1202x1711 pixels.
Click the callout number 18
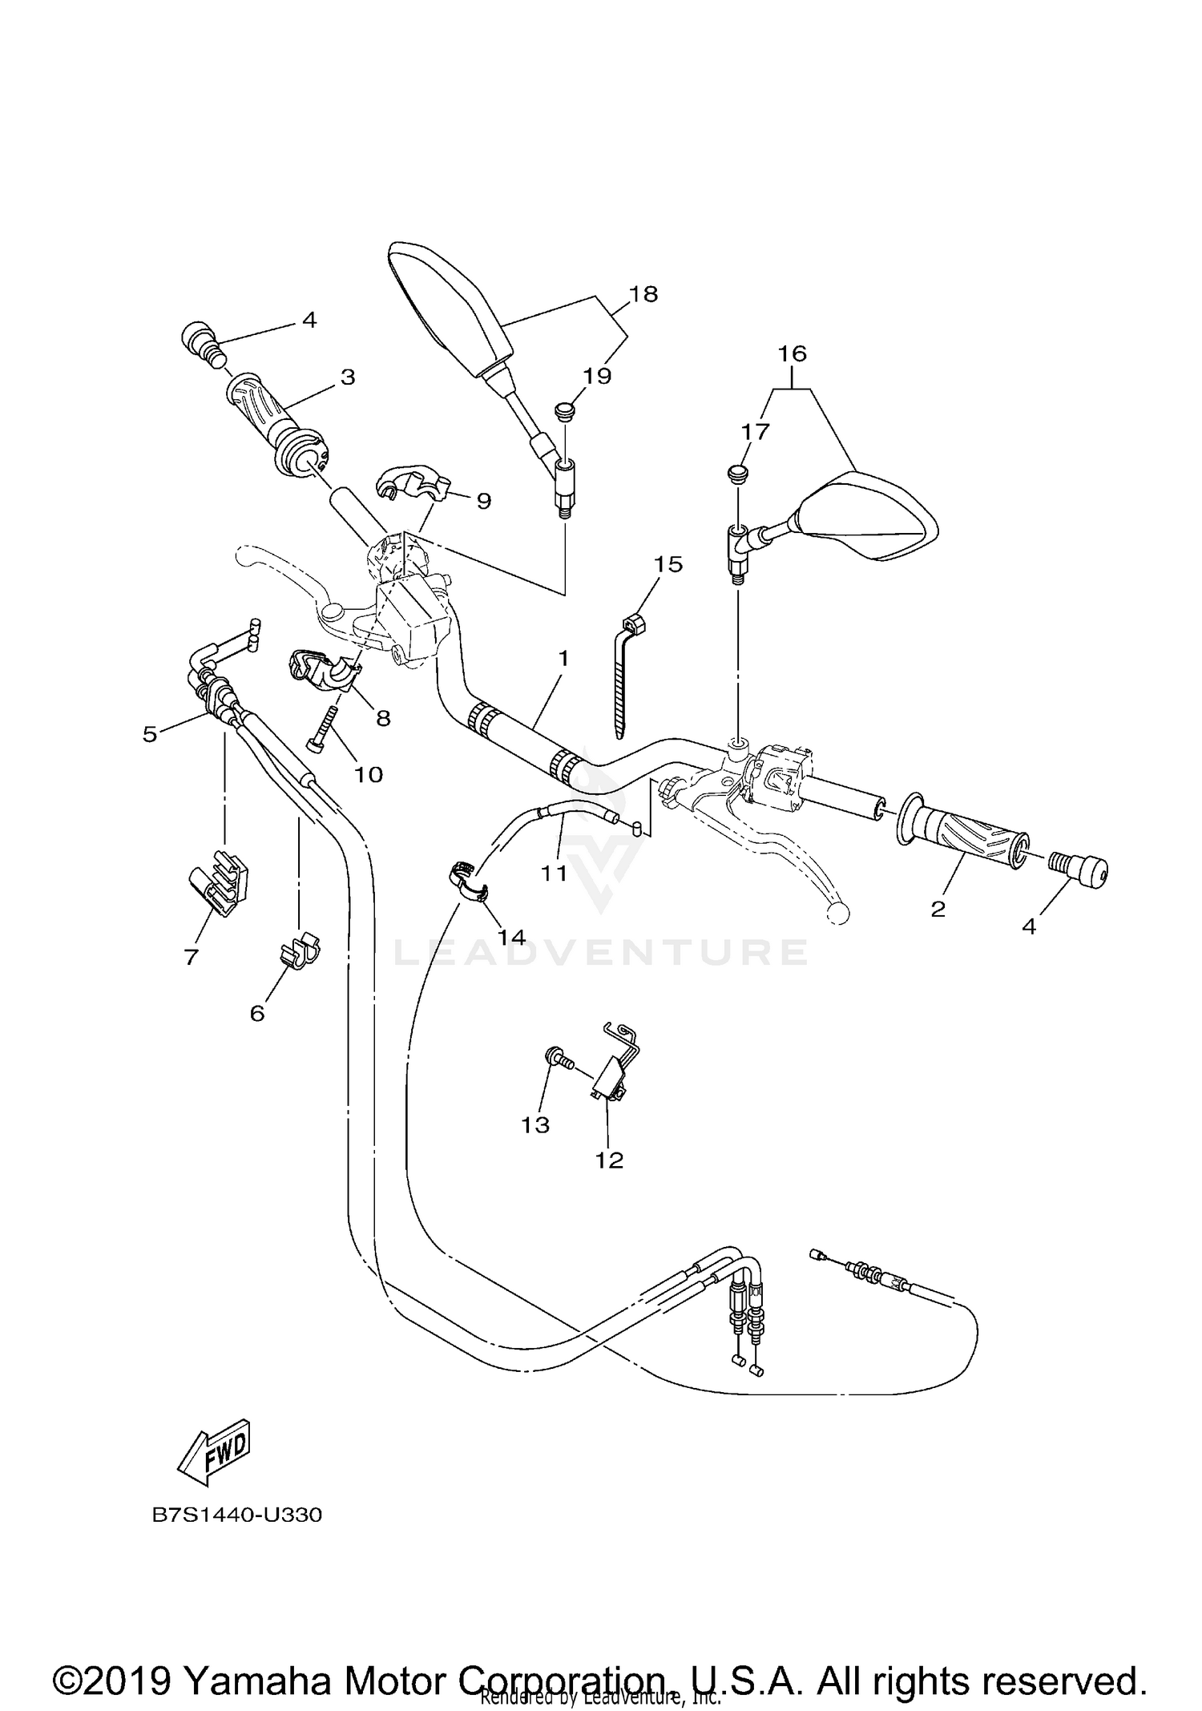point(643,294)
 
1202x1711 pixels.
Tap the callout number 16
point(792,353)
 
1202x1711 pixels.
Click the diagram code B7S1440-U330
point(237,1516)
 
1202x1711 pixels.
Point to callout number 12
point(609,1160)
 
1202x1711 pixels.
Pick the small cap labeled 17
point(739,473)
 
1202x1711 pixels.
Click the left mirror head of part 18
point(449,309)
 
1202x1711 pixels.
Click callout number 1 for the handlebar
point(563,658)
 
